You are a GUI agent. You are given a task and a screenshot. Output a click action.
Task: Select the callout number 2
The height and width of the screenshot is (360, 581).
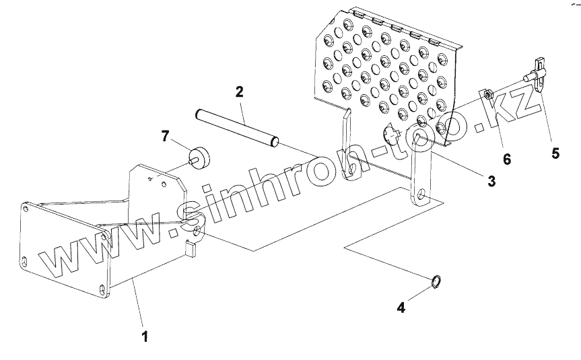238,92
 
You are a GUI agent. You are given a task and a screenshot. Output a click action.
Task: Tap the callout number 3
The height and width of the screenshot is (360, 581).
491,180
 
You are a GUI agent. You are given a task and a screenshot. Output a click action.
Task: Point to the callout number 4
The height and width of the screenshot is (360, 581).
401,308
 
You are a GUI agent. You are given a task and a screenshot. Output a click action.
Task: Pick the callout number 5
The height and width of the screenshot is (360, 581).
555,153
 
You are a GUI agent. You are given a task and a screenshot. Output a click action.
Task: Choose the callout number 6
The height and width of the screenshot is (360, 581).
506,159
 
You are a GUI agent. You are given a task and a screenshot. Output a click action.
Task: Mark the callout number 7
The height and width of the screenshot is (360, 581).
165,137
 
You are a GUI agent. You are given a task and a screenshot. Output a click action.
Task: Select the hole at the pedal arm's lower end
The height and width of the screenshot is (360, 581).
421,194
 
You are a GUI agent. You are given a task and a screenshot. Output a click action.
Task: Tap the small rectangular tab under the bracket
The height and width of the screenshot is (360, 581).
191,250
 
